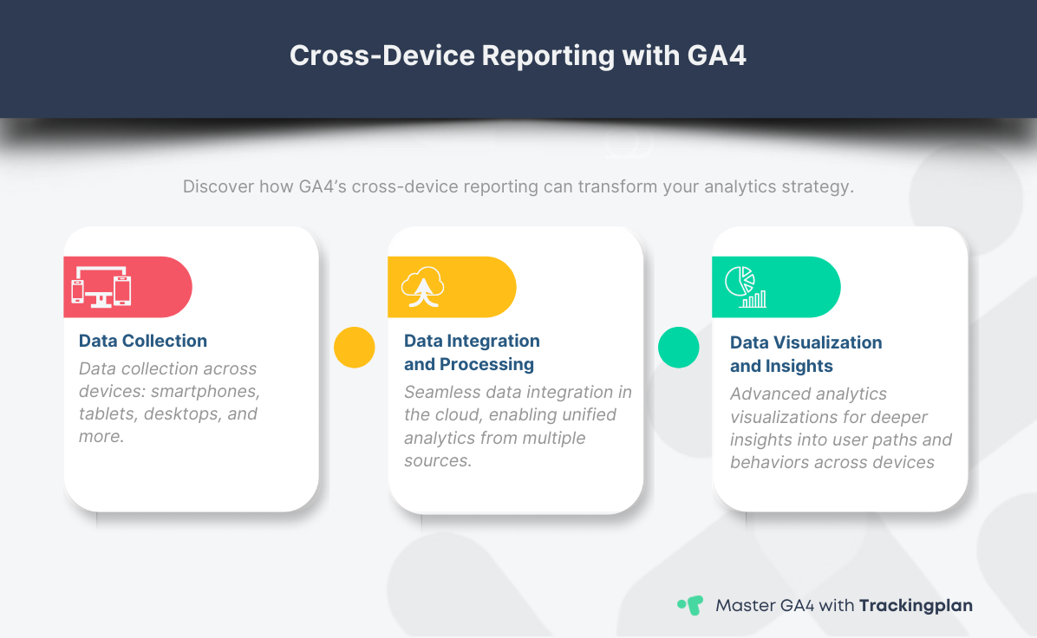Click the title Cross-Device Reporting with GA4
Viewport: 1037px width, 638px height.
(x=518, y=55)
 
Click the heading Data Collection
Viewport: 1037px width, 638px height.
(x=143, y=341)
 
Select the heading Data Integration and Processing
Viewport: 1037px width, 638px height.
(x=472, y=352)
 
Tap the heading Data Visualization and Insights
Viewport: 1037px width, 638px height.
(x=805, y=354)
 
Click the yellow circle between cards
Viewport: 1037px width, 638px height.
(x=355, y=348)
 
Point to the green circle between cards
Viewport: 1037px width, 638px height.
(x=679, y=348)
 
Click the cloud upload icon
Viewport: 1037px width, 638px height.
(x=423, y=286)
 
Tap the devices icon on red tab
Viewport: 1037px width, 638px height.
(x=101, y=286)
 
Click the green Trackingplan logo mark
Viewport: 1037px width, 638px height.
(x=689, y=605)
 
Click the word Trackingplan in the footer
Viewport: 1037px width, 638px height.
(x=916, y=605)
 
